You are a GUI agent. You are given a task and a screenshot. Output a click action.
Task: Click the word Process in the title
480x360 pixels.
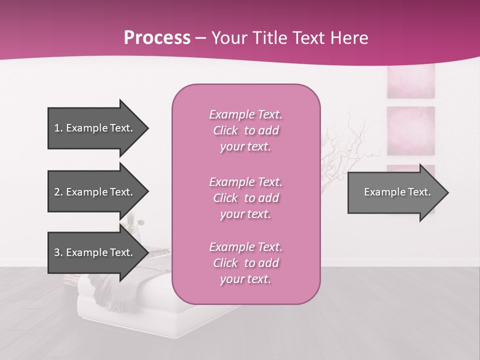tap(157, 38)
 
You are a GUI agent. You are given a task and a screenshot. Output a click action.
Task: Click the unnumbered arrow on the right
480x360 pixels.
tap(395, 192)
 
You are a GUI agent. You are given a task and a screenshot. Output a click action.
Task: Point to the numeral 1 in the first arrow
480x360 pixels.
tap(56, 128)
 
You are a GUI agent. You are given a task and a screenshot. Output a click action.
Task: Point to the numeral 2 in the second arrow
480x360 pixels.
tap(57, 192)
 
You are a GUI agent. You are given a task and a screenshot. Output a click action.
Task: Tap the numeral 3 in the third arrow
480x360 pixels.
tap(57, 252)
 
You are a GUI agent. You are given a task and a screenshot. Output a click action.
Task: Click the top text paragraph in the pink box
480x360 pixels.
tap(245, 130)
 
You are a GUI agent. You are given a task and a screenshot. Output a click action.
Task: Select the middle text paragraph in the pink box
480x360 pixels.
tap(245, 198)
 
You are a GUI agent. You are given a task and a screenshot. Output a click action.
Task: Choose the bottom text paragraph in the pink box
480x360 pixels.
tap(245, 263)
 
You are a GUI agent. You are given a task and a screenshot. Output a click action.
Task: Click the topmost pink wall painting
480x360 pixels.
tap(410, 81)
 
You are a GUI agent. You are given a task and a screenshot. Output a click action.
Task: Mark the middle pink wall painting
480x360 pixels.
tap(410, 130)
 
